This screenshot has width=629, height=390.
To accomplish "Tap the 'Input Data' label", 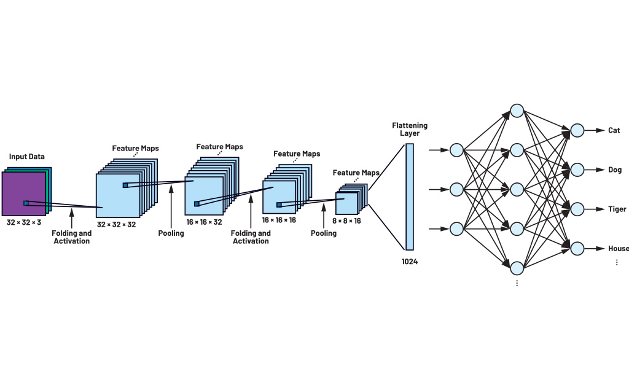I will pyautogui.click(x=26, y=157).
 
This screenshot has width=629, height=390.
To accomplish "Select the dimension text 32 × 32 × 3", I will pyautogui.click(x=24, y=222).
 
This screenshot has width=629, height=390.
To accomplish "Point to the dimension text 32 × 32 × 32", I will pyautogui.click(x=116, y=225).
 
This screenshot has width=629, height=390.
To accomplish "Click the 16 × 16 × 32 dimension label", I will pyautogui.click(x=204, y=222).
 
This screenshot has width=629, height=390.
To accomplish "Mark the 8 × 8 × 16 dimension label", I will pyautogui.click(x=348, y=220).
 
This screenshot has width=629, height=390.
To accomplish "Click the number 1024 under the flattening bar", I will pyautogui.click(x=410, y=262).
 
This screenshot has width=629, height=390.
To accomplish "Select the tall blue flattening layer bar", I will pyautogui.click(x=410, y=197).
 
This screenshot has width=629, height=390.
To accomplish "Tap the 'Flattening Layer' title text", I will pyautogui.click(x=410, y=130).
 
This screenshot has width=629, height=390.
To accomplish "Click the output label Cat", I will pyautogui.click(x=614, y=130).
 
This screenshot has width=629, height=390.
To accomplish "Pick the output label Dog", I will pyautogui.click(x=615, y=170).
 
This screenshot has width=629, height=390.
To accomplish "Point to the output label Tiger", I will pyautogui.click(x=617, y=209).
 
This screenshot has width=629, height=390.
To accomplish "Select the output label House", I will pyautogui.click(x=618, y=249).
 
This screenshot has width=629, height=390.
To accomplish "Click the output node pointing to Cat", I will pyautogui.click(x=577, y=130).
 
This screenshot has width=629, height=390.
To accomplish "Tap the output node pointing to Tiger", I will pyautogui.click(x=577, y=209).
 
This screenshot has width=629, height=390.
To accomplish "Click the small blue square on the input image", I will pyautogui.click(x=26, y=203).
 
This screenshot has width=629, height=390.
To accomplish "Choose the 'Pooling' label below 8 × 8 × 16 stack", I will pyautogui.click(x=324, y=233).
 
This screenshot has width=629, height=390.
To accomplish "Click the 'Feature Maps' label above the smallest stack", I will pyautogui.click(x=356, y=173).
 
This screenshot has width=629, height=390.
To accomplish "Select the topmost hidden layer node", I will pyautogui.click(x=517, y=111).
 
